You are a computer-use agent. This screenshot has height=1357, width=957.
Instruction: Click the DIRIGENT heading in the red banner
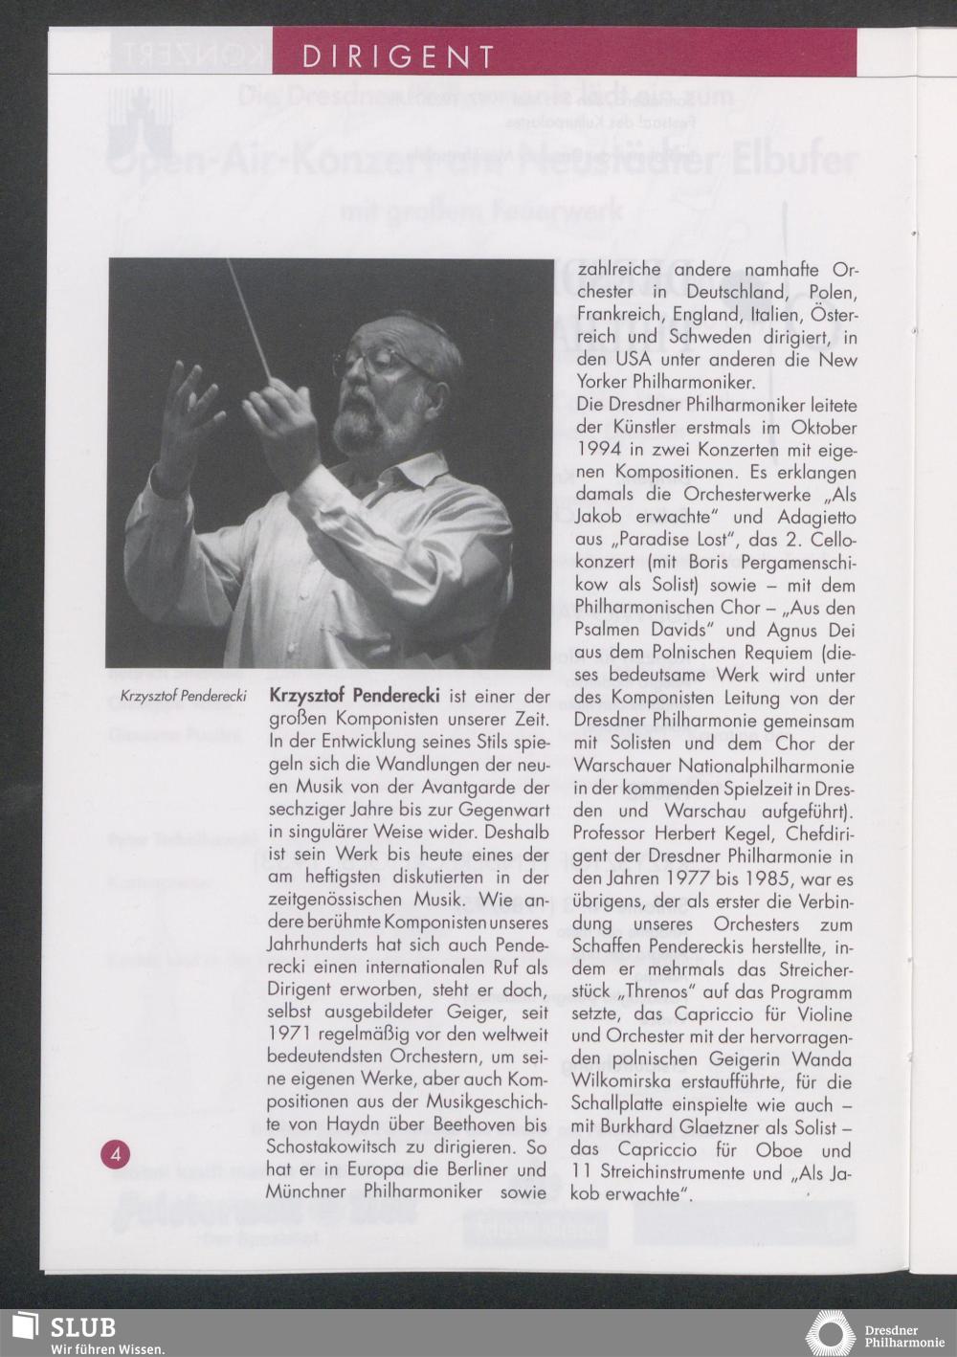point(398,56)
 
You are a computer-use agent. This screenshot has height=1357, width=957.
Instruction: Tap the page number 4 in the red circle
point(116,1154)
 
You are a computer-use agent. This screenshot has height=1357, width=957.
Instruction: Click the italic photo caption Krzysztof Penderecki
point(184,696)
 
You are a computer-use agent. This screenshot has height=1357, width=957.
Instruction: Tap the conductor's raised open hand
point(189,412)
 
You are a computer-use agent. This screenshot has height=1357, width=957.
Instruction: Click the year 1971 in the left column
point(288,1034)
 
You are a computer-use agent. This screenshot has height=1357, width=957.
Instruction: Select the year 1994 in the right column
point(597,450)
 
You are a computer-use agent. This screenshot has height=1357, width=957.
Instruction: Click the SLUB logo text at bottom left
point(82,1326)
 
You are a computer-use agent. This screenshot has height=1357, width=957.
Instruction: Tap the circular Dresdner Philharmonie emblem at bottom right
point(831,1333)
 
